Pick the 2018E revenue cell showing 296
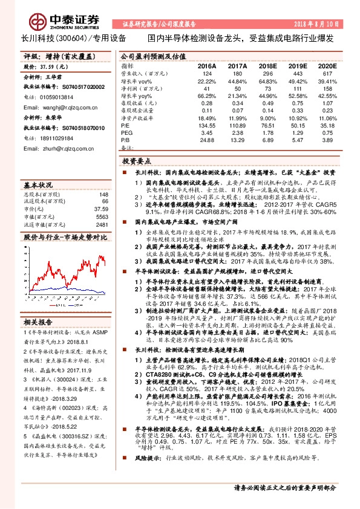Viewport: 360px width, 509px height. click(x=267, y=73)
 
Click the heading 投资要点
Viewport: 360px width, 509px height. click(x=137, y=162)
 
